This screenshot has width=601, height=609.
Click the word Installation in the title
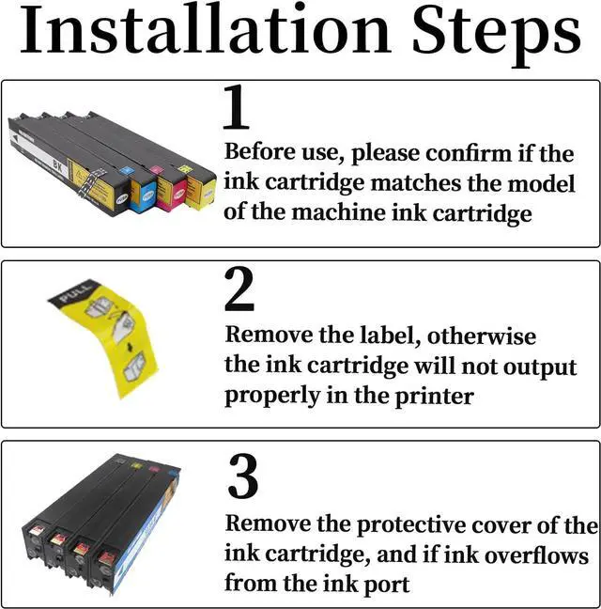(206, 29)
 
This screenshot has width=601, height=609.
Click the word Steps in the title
(496, 36)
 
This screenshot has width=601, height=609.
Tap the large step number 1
(236, 107)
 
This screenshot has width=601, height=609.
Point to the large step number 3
(243, 476)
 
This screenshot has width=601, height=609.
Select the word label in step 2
(390, 336)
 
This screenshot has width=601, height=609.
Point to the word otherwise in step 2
(482, 336)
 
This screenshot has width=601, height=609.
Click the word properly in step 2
(272, 397)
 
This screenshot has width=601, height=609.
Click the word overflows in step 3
(536, 555)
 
